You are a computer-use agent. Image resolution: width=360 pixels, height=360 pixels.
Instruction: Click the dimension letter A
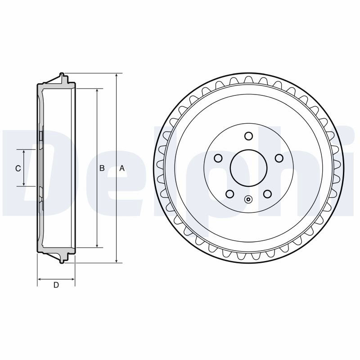(122, 168)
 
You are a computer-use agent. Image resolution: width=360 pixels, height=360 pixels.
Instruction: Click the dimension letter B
(102, 168)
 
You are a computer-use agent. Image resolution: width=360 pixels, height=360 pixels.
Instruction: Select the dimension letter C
(18, 168)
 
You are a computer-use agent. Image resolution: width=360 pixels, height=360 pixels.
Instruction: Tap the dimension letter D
(56, 285)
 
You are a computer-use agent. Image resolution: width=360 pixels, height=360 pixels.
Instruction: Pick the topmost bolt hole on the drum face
(249, 136)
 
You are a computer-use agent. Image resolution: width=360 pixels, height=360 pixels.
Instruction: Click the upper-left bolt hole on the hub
(218, 158)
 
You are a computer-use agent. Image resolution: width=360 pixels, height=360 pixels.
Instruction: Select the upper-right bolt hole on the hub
(279, 158)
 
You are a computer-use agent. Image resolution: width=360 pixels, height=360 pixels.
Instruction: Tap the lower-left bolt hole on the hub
(230, 194)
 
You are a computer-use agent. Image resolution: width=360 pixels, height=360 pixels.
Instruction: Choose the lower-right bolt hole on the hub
(267, 194)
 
